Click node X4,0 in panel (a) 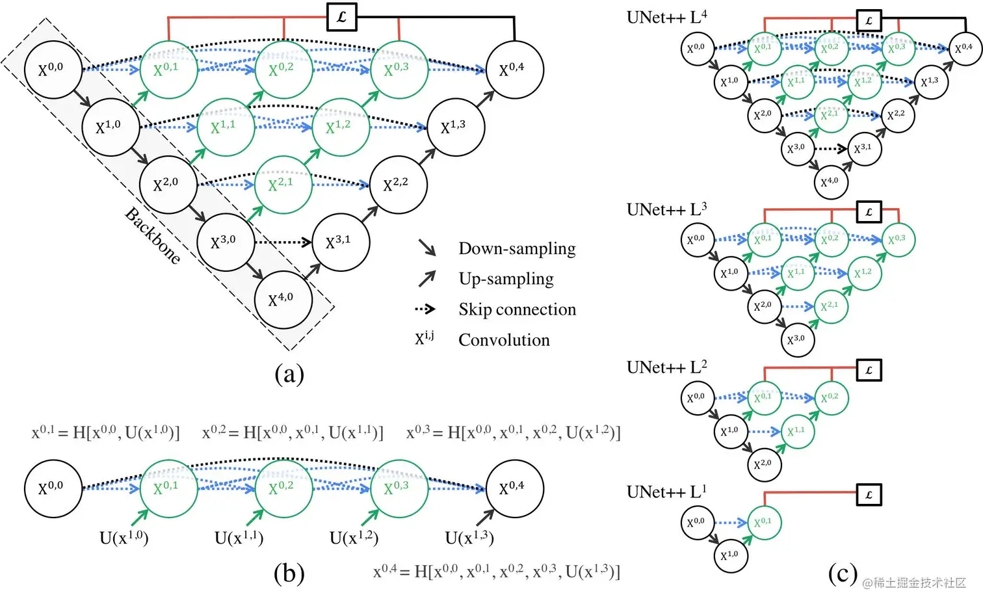[283, 300]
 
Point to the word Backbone [153, 235]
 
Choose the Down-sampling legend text [517, 248]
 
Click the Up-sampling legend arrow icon [427, 278]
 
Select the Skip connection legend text [517, 310]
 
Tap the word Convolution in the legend [504, 340]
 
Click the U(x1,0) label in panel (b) [124, 538]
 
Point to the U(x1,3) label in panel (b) [469, 538]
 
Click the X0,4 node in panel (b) [514, 488]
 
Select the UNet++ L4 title [666, 17]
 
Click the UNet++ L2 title [666, 367]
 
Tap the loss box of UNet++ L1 [869, 495]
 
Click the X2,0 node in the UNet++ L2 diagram [763, 464]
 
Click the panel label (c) [843, 573]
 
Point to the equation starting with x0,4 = [497, 572]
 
